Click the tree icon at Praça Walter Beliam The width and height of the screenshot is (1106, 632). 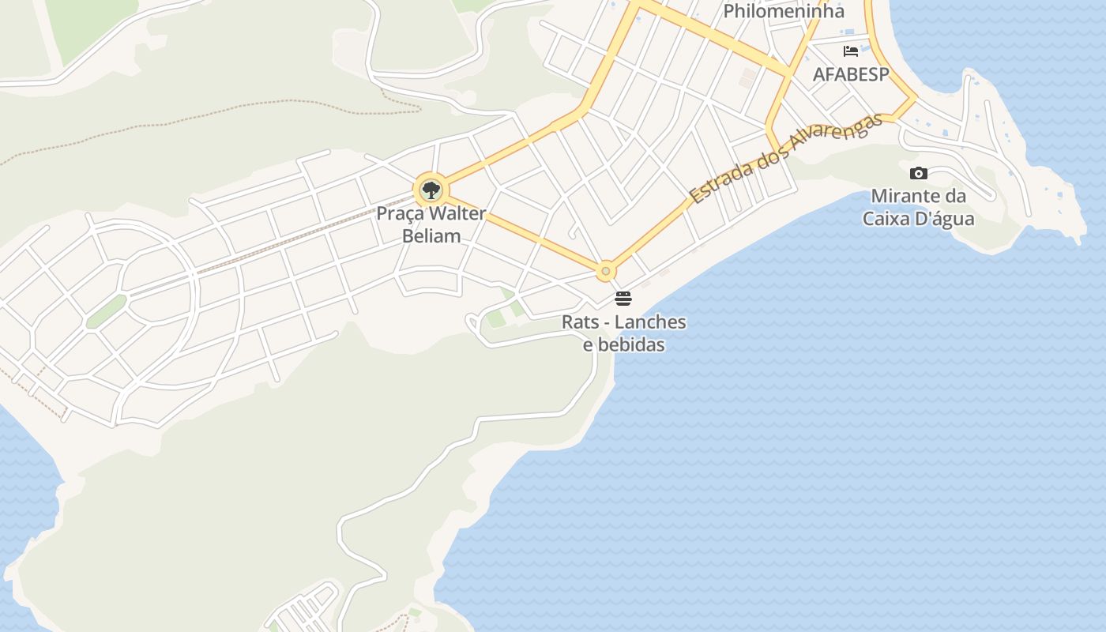pos(431,190)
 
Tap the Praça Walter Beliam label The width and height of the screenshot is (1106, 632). pos(431,224)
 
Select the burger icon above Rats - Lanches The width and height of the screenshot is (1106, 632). pos(623,299)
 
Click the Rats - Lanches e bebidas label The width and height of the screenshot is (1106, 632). pos(624,333)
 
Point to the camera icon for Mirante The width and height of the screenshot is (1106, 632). pos(918,173)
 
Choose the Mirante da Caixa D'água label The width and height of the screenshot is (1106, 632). pos(918,207)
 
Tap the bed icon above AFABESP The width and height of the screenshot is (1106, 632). pos(851,51)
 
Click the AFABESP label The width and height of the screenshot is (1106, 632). pos(851,74)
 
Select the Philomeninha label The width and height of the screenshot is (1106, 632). pos(784,11)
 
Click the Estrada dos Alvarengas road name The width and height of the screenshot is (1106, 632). pos(785,159)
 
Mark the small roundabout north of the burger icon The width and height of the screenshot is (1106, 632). pos(606,271)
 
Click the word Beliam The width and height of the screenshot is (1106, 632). pos(431,235)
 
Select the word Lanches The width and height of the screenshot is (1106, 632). pos(650,322)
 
